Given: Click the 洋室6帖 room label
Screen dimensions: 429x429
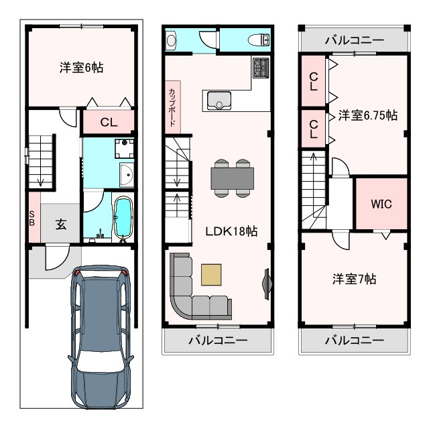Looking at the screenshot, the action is point(82,67).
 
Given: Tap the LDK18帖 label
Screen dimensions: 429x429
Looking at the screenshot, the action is point(231,231).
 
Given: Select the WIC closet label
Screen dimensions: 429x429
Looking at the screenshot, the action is point(381,204).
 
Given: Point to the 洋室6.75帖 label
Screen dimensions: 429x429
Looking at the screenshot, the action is point(368,115).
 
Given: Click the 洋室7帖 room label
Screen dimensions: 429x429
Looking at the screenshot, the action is point(355,279).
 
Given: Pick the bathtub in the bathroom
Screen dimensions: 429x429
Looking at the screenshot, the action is point(123,219).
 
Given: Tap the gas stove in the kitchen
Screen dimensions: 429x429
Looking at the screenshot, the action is point(261,68).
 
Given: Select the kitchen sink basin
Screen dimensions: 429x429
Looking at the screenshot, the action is point(219,101).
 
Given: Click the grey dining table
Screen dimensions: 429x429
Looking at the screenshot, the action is point(233,178).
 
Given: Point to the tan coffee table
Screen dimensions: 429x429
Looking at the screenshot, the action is point(211,274).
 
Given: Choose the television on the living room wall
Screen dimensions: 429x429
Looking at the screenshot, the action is point(267,284).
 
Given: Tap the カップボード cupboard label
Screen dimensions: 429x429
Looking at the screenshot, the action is point(172,107).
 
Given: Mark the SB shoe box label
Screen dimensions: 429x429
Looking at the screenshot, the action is point(32,218).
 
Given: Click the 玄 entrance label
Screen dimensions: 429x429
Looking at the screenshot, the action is point(61,225).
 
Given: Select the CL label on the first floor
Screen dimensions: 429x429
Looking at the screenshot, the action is point(109,122).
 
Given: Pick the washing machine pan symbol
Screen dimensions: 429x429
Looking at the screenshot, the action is point(125,148).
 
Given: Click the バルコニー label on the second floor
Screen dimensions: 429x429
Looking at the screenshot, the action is point(218,341).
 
